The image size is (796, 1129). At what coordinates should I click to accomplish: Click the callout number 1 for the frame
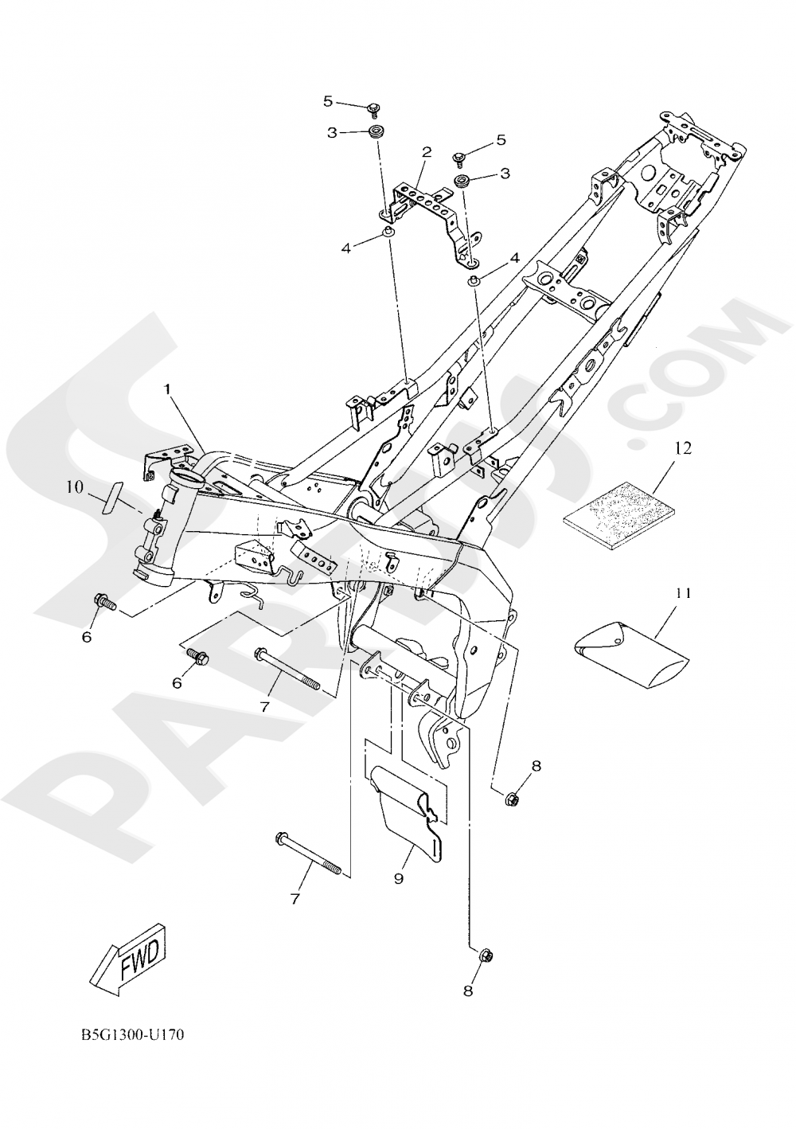tap(168, 389)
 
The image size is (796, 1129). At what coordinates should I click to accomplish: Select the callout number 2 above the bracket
tap(427, 151)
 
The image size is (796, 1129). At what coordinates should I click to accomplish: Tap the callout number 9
tap(399, 877)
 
